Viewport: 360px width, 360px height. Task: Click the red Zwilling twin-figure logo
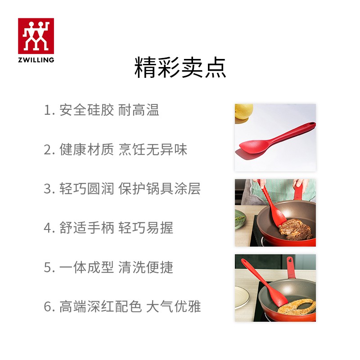36,36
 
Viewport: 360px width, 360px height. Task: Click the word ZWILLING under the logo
36,59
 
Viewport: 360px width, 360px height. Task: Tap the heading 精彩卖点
180,68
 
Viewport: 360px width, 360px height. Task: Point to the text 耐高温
139,110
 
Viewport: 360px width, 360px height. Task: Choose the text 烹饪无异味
153,149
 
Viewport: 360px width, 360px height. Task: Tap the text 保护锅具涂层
159,189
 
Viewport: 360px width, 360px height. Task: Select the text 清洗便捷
146,268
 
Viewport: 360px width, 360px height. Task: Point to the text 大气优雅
173,307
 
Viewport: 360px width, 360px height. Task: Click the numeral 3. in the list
49,189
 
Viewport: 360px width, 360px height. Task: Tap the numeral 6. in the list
49,307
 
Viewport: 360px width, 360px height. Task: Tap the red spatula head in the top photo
252,147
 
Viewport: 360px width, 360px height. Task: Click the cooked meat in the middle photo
295,229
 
